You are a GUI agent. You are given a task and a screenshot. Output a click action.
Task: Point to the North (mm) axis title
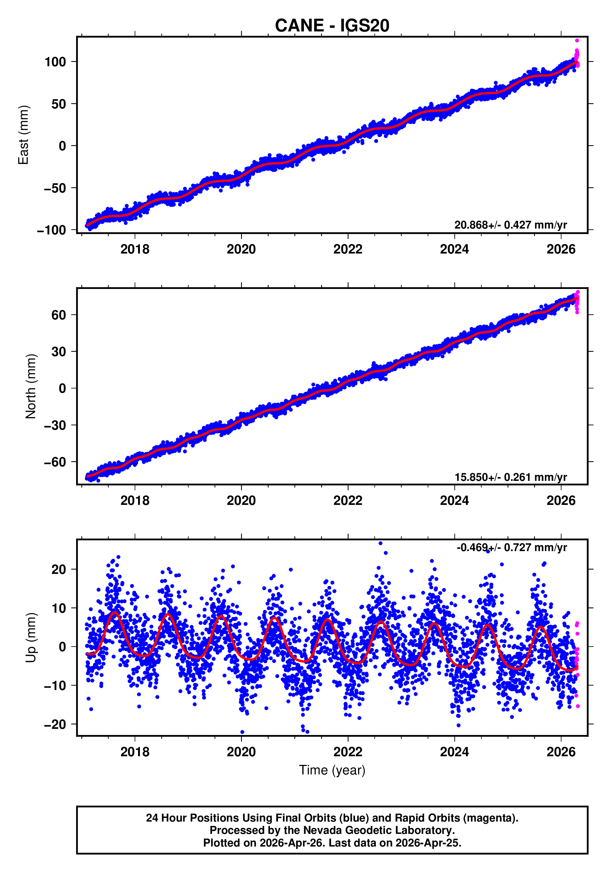(x=31, y=386)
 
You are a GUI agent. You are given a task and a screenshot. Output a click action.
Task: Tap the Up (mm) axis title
(x=31, y=638)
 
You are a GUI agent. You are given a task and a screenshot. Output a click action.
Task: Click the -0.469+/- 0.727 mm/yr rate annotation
(x=512, y=547)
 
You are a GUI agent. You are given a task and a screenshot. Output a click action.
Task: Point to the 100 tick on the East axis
(x=55, y=62)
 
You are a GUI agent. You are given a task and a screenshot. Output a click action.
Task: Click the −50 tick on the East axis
(x=55, y=188)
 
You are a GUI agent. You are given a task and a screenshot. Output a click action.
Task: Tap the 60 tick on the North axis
(x=59, y=315)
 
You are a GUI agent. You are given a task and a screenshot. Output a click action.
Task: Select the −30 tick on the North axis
(x=55, y=425)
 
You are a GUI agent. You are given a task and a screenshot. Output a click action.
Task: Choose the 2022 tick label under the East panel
(x=348, y=250)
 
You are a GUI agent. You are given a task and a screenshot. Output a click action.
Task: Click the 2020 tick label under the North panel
(x=241, y=501)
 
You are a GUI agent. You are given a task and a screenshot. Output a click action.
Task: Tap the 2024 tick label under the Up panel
(x=454, y=752)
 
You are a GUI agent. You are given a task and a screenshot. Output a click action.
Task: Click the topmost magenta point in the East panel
(x=577, y=41)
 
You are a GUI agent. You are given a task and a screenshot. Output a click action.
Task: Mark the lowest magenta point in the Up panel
(x=578, y=706)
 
